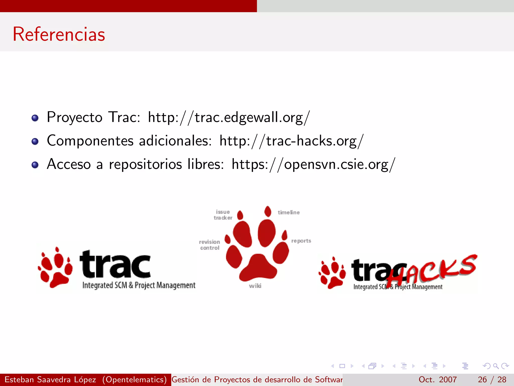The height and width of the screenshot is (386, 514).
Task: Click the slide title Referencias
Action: pos(59,34)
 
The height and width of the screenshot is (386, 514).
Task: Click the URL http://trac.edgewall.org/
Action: pos(229,117)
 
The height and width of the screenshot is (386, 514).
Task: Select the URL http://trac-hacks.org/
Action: pos(291,141)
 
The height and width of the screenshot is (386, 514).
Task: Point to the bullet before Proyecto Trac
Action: pos(35,118)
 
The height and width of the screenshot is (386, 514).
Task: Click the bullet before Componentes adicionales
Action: pos(35,141)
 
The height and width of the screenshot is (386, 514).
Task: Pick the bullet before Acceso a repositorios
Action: pos(35,165)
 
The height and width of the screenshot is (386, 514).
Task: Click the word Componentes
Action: pos(90,141)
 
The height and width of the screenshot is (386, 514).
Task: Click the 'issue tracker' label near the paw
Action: pos(223,215)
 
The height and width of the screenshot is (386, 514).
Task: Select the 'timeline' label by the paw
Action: pos(289,213)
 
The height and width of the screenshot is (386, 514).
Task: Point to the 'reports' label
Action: pos(301,241)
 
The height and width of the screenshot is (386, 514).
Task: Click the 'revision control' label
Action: pos(210,245)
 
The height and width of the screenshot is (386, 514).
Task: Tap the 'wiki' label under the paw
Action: pos(255,286)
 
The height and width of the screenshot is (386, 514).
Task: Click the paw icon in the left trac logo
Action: pos(55,268)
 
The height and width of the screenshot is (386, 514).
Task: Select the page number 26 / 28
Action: pos(492,379)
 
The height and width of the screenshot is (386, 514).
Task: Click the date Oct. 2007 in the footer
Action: pos(437,379)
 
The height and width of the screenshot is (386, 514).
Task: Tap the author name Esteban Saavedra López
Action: pos(50,379)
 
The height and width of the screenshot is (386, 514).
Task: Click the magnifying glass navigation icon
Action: pos(496,366)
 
